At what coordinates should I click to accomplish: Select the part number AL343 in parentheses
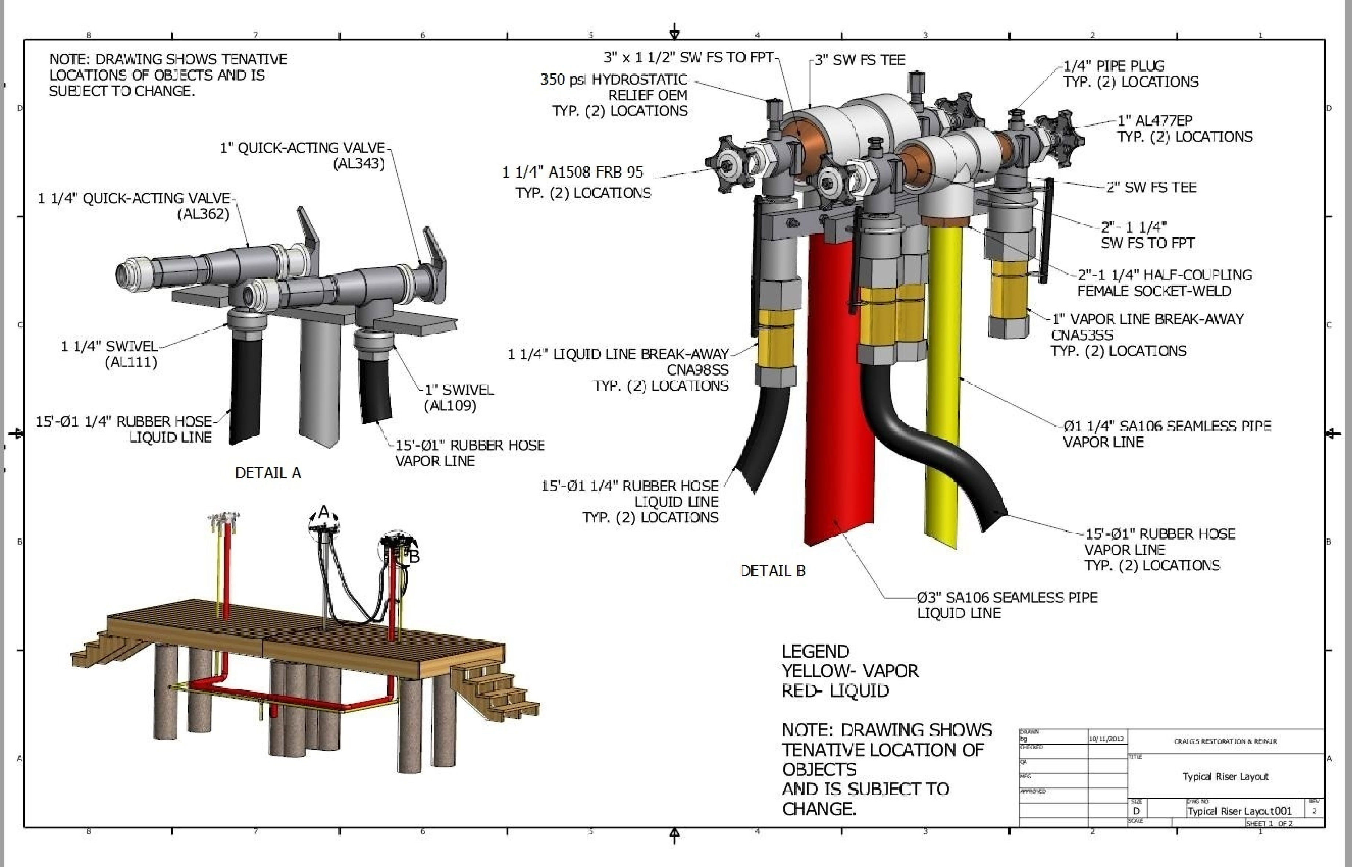pyautogui.click(x=359, y=164)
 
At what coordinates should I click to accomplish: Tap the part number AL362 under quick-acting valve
pyautogui.click(x=203, y=214)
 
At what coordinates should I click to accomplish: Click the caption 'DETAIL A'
pyautogui.click(x=268, y=473)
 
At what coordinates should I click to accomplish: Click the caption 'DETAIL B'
pyautogui.click(x=772, y=571)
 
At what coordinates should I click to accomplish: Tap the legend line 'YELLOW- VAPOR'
pyautogui.click(x=850, y=671)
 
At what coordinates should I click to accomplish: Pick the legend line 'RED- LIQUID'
pyautogui.click(x=835, y=691)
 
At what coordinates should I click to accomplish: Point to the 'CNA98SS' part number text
pyautogui.click(x=697, y=370)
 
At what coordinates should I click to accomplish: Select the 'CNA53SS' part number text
pyautogui.click(x=1082, y=335)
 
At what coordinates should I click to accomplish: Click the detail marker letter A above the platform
pyautogui.click(x=324, y=512)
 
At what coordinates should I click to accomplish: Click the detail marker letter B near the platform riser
pyautogui.click(x=414, y=557)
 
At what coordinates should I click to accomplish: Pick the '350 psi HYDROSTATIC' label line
pyautogui.click(x=613, y=79)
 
